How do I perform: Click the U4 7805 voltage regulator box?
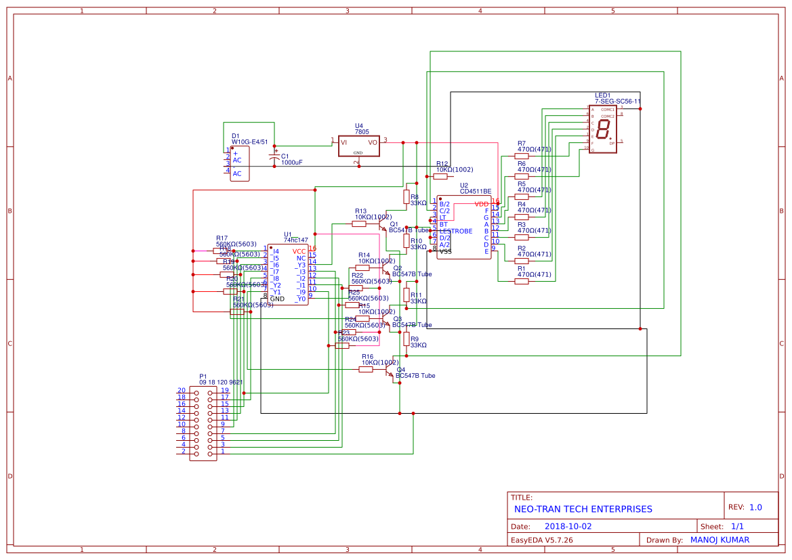pos(358,146)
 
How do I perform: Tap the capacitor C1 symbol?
pos(274,157)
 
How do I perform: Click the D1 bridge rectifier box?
pos(240,164)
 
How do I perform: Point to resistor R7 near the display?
pos(521,156)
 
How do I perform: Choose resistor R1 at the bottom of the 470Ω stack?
pos(521,281)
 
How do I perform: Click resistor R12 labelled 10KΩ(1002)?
pos(440,176)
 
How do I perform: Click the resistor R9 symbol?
pos(407,339)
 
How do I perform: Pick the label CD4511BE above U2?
pos(476,192)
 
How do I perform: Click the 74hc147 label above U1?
pos(296,240)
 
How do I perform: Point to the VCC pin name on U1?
pos(299,251)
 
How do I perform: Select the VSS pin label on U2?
pos(445,251)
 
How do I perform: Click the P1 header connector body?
pos(203,423)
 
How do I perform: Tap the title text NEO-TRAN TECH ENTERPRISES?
pos(583,509)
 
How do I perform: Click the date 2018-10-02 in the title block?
pos(568,526)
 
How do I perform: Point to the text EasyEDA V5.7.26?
pos(541,540)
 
